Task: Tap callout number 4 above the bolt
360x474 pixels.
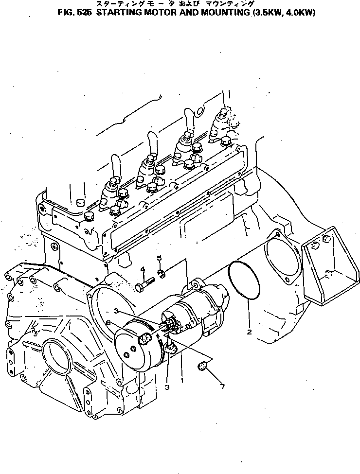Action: click(143, 270)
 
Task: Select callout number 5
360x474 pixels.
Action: click(158, 258)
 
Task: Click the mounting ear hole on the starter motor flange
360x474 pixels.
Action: click(197, 284)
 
